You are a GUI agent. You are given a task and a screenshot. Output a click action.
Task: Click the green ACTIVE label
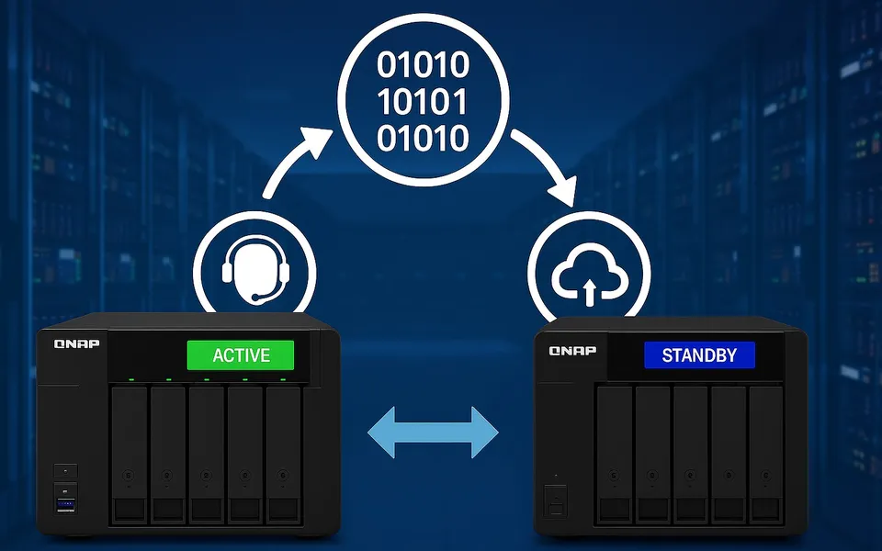(240, 354)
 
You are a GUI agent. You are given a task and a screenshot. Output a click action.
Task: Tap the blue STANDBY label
(699, 355)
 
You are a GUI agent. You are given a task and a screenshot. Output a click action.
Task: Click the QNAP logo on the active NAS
(76, 343)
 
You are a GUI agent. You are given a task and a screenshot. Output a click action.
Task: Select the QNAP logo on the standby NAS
(572, 350)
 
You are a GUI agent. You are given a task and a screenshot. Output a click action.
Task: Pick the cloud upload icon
(589, 274)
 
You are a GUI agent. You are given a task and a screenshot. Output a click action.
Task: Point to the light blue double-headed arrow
(433, 432)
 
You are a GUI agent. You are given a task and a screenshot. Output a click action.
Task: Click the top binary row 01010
(423, 64)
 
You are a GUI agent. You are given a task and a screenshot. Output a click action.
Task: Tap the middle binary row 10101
(423, 102)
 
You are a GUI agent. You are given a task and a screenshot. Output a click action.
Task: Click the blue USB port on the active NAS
(66, 504)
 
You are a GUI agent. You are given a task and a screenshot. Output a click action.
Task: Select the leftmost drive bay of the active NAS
(130, 455)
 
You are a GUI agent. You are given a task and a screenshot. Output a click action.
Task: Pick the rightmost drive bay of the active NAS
(283, 455)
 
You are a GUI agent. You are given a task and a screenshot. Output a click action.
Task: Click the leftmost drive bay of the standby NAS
(615, 455)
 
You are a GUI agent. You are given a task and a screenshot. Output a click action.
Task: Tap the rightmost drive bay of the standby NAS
(766, 455)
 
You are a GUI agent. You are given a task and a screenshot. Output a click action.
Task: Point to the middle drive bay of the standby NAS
(690, 455)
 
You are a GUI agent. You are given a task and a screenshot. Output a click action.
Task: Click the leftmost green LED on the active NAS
(131, 379)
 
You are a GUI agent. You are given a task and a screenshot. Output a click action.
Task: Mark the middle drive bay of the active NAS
(207, 455)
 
